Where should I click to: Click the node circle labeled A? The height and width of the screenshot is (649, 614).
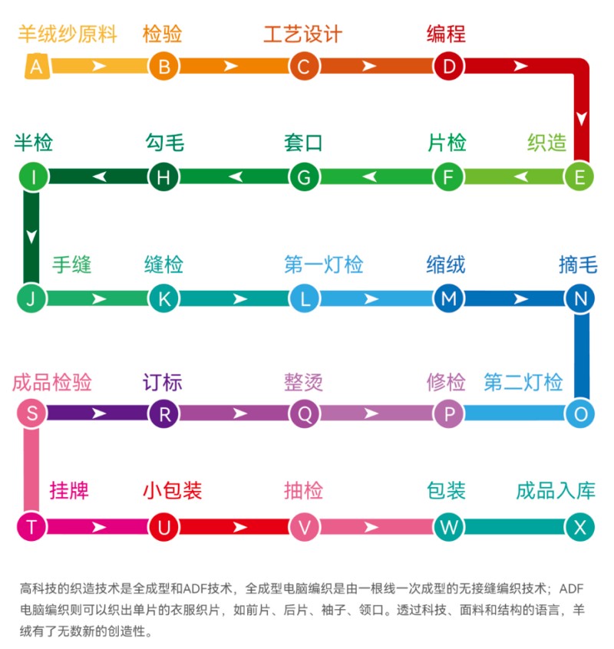pyautogui.click(x=36, y=67)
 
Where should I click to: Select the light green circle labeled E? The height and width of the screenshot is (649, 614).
pyautogui.click(x=579, y=177)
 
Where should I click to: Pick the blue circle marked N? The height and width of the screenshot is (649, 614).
pyautogui.click(x=579, y=298)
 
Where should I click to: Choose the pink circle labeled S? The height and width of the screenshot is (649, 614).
pyautogui.click(x=31, y=414)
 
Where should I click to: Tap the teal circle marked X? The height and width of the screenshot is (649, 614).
pyautogui.click(x=579, y=527)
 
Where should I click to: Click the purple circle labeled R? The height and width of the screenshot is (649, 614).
pyautogui.click(x=163, y=414)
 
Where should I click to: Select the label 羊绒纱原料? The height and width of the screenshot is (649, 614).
pyautogui.click(x=68, y=35)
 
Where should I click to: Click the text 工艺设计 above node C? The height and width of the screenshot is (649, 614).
pyautogui.click(x=302, y=35)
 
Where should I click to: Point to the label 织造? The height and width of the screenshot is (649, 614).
pyautogui.click(x=546, y=143)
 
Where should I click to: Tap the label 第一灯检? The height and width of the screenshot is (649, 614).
pyautogui.click(x=323, y=265)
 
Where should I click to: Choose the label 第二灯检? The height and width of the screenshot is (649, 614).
pyautogui.click(x=523, y=382)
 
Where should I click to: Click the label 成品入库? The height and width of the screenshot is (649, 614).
pyautogui.click(x=555, y=491)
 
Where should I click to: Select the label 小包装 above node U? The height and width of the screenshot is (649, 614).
pyautogui.click(x=172, y=491)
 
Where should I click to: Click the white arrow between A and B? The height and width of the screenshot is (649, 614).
pyautogui.click(x=99, y=67)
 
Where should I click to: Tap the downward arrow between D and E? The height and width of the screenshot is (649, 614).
pyautogui.click(x=582, y=119)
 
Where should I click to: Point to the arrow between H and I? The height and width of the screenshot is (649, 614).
pyautogui.click(x=99, y=177)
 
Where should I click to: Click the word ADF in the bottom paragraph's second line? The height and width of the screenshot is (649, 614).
pyautogui.click(x=573, y=589)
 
